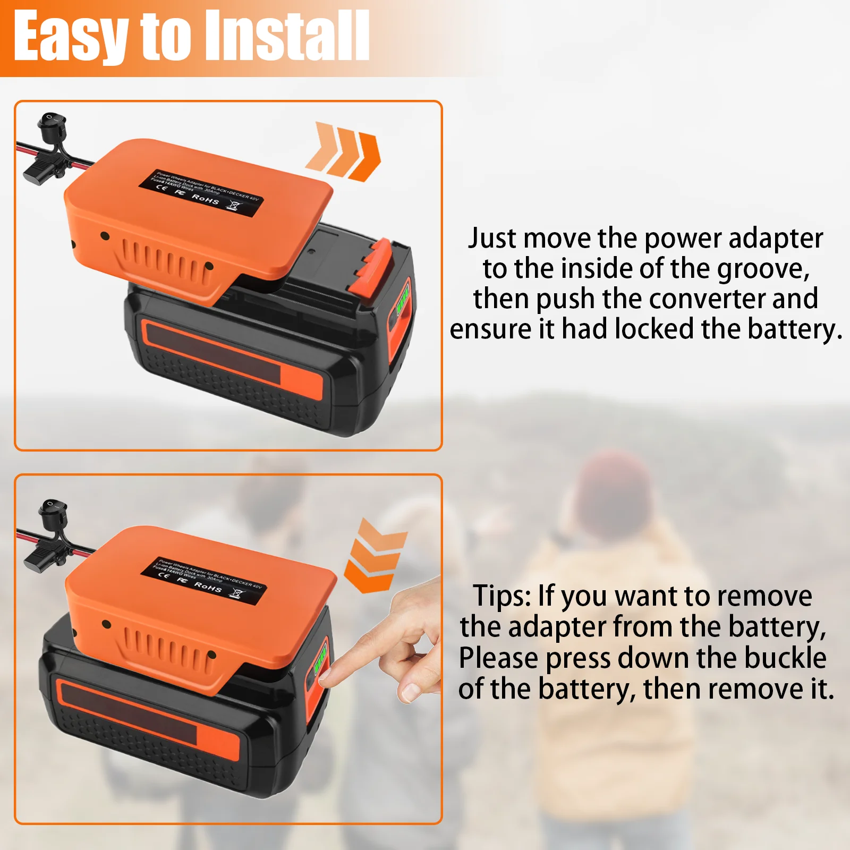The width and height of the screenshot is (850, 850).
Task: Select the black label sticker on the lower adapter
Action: pyautogui.click(x=203, y=581)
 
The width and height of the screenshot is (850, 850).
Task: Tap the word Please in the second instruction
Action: pyautogui.click(x=498, y=658)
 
